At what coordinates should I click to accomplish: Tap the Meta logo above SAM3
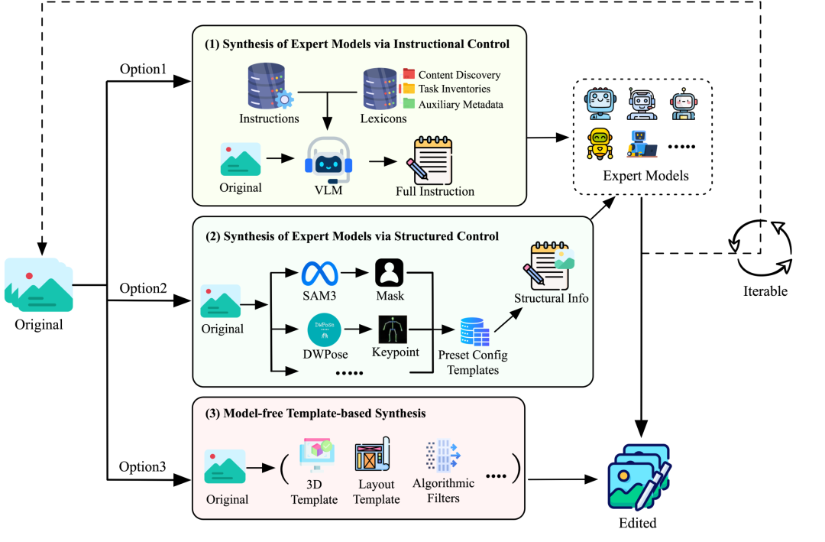319,274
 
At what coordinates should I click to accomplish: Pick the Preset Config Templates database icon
473,330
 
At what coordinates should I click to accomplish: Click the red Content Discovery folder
409,74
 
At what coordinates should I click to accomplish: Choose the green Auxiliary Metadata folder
409,103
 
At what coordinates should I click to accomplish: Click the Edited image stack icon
639,476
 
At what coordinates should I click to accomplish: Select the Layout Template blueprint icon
373,457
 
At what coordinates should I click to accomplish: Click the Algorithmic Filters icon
442,457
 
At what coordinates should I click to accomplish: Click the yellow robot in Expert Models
600,143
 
